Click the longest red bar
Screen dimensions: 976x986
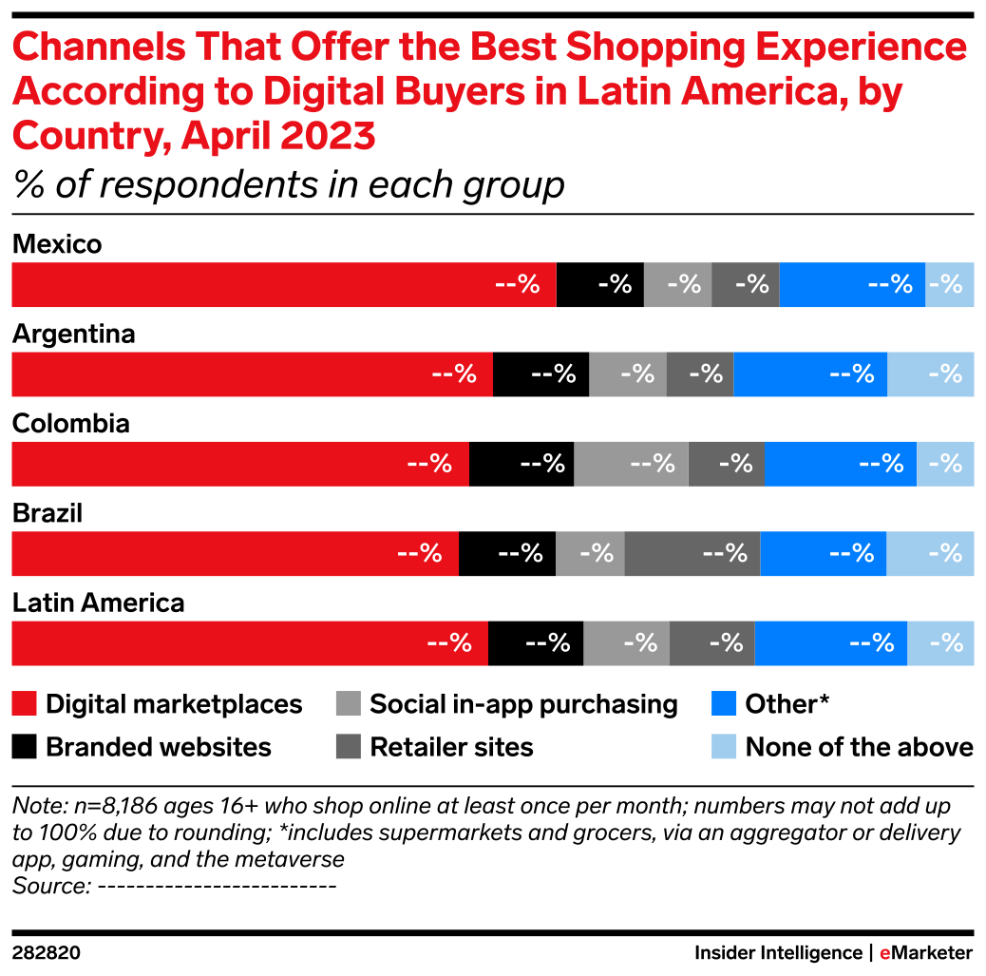283,285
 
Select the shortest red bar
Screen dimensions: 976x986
235,554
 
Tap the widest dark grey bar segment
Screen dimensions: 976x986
692,554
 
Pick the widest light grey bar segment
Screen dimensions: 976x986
631,464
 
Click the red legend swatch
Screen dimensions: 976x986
24,703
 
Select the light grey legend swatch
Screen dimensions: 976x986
348,703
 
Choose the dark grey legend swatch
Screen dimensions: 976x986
348,747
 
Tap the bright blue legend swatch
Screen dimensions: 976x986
724,703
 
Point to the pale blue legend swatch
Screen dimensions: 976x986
724,747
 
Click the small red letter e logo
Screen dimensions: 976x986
884,954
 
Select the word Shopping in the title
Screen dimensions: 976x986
620,48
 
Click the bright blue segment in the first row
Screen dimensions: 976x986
852,285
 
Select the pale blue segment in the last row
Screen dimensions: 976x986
940,643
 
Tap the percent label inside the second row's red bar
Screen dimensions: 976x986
454,373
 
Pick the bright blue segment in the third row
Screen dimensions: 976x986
840,464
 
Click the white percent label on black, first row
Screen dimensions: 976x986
615,284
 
